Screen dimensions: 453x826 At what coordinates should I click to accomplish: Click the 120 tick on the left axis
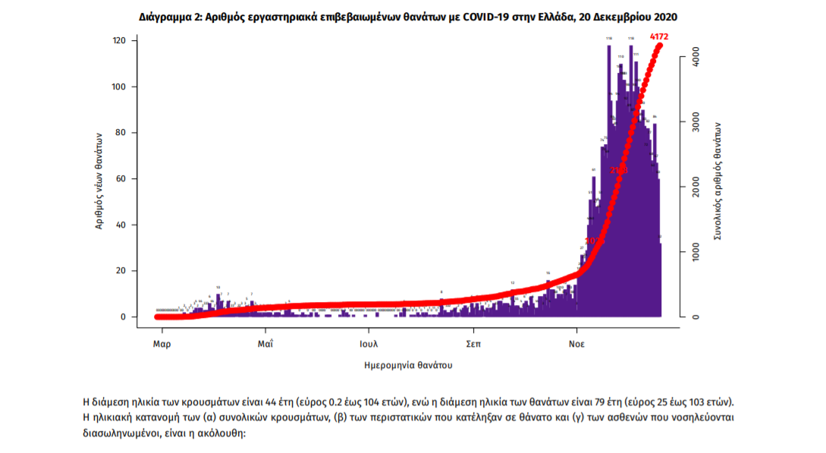(x=119, y=40)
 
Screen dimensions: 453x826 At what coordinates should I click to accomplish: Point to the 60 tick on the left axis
(x=121, y=179)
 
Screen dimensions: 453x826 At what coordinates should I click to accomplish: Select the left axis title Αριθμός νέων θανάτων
(x=99, y=180)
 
